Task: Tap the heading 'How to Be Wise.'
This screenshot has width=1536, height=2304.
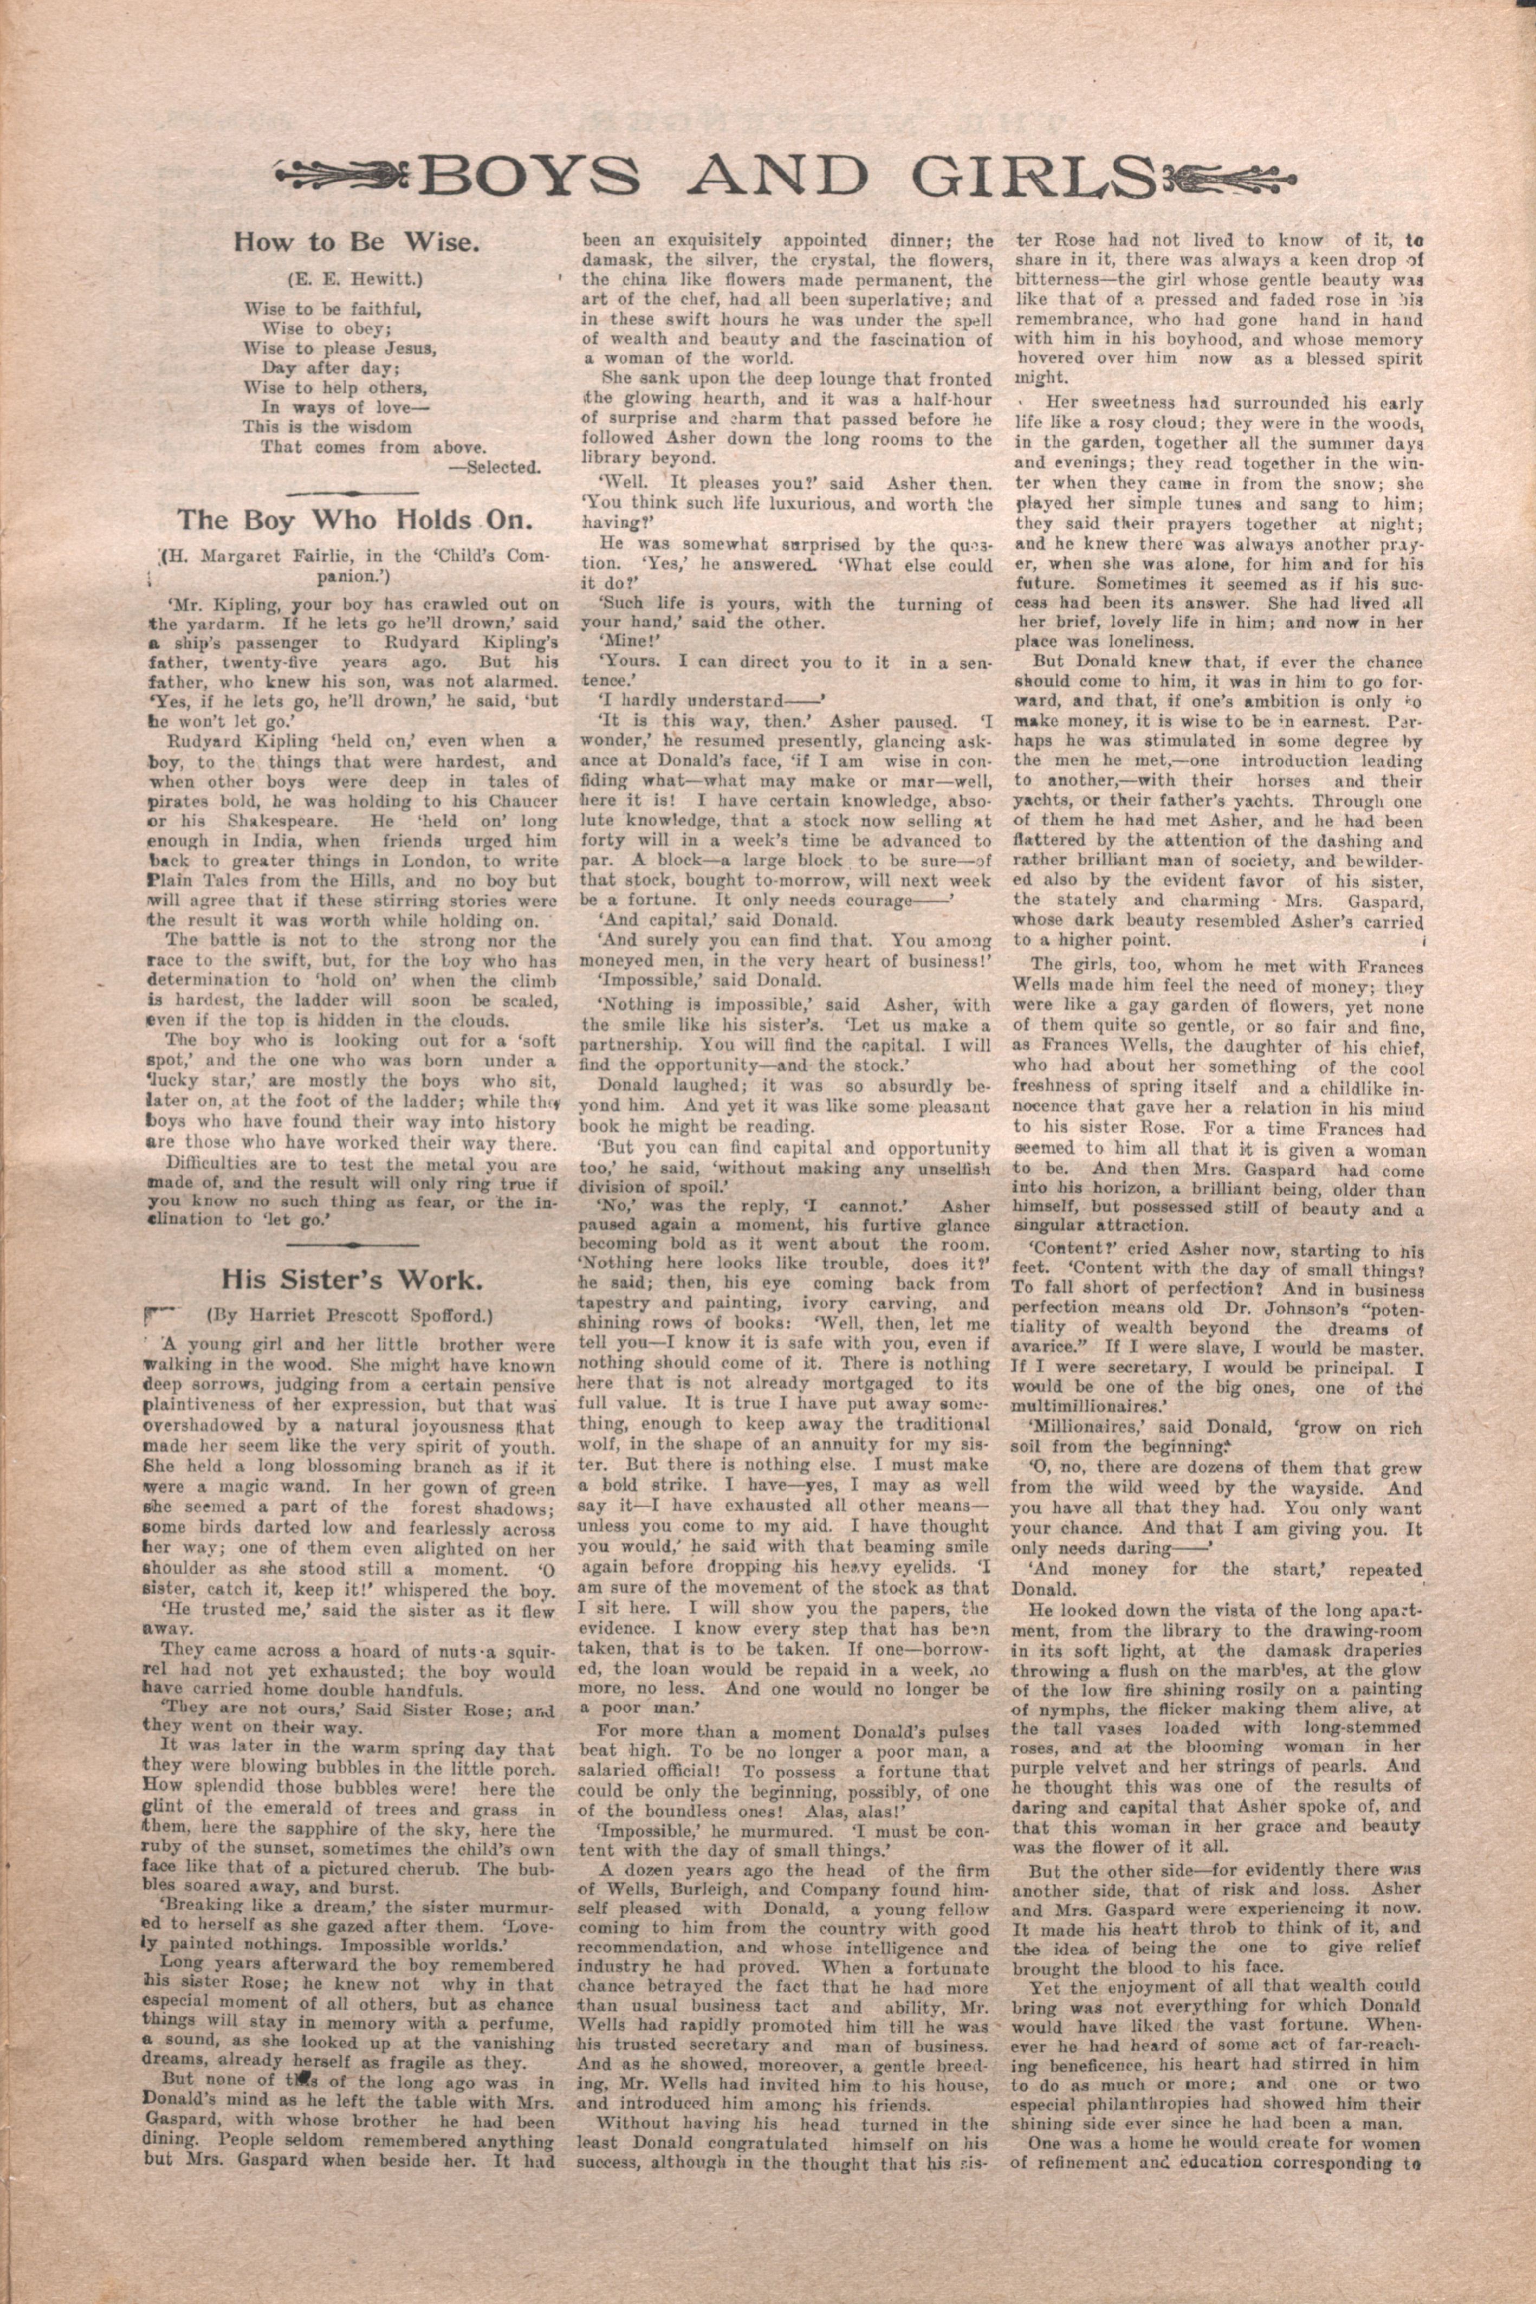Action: [x=355, y=243]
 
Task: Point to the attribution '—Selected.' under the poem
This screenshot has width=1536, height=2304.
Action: [x=494, y=467]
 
